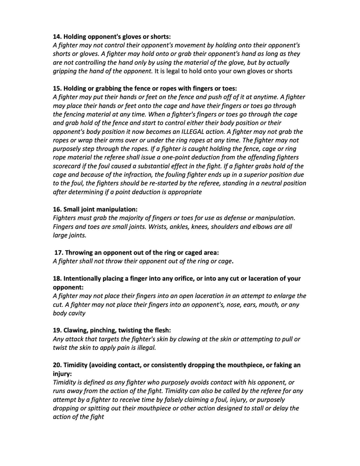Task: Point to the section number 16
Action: pyautogui.click(x=57, y=209)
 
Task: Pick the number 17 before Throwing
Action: pyautogui.click(x=58, y=252)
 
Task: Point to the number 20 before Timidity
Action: pyautogui.click(x=57, y=365)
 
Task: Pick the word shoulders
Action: pyautogui.click(x=223, y=226)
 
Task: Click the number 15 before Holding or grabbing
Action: pyautogui.click(x=57, y=88)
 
